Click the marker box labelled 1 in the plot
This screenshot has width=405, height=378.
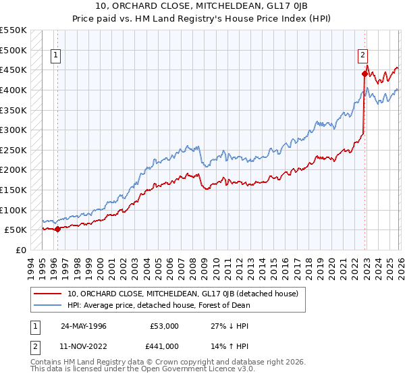(x=55, y=56)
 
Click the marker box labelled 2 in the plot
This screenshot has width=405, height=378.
(x=362, y=56)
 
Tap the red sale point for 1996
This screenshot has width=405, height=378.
(x=57, y=229)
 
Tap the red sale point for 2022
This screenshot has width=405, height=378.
(x=364, y=74)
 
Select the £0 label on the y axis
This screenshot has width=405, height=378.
(x=20, y=250)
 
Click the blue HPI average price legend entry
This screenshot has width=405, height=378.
(x=159, y=305)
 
